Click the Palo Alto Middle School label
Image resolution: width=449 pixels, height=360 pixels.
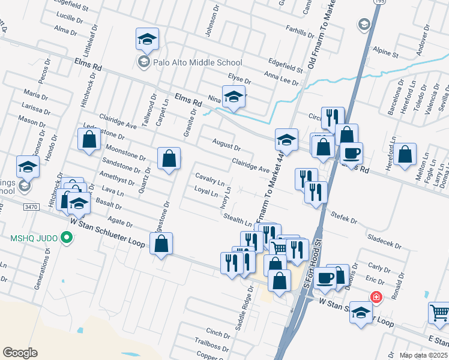point(190,62)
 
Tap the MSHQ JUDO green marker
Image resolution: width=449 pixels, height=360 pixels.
point(67,239)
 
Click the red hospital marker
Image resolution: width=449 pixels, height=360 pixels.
point(376,296)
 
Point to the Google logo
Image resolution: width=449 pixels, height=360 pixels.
point(20,352)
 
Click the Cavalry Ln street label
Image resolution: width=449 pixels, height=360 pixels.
point(209,178)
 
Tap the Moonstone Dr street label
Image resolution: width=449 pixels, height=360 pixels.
point(125,152)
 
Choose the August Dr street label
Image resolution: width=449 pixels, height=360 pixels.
point(226,144)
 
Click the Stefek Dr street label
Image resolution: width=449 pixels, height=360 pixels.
point(343,218)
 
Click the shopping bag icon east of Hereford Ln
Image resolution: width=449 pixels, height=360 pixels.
point(406,154)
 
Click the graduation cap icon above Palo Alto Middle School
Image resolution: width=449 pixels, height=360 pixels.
point(147,39)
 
